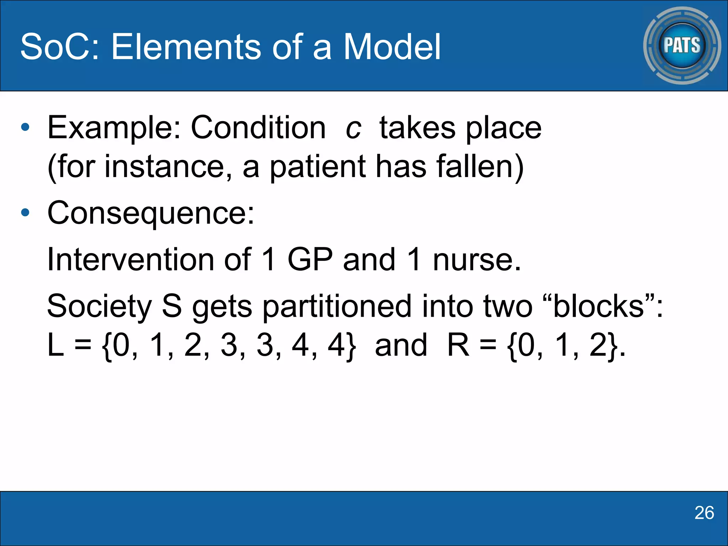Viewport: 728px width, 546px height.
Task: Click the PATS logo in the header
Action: pyautogui.click(x=682, y=45)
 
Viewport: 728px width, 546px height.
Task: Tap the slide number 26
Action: pyautogui.click(x=704, y=513)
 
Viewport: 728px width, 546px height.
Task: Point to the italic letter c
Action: pyautogui.click(x=353, y=128)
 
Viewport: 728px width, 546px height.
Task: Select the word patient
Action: pyautogui.click(x=317, y=167)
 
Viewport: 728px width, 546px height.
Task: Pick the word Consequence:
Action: pyautogui.click(x=151, y=213)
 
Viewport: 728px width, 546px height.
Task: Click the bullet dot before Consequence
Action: pyautogui.click(x=25, y=213)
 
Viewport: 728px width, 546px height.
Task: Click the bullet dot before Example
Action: pyautogui.click(x=25, y=127)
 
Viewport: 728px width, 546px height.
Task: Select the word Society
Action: pyautogui.click(x=100, y=306)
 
